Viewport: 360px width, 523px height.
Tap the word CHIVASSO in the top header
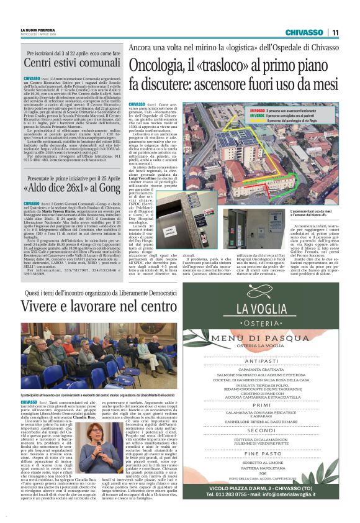tap(304, 32)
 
